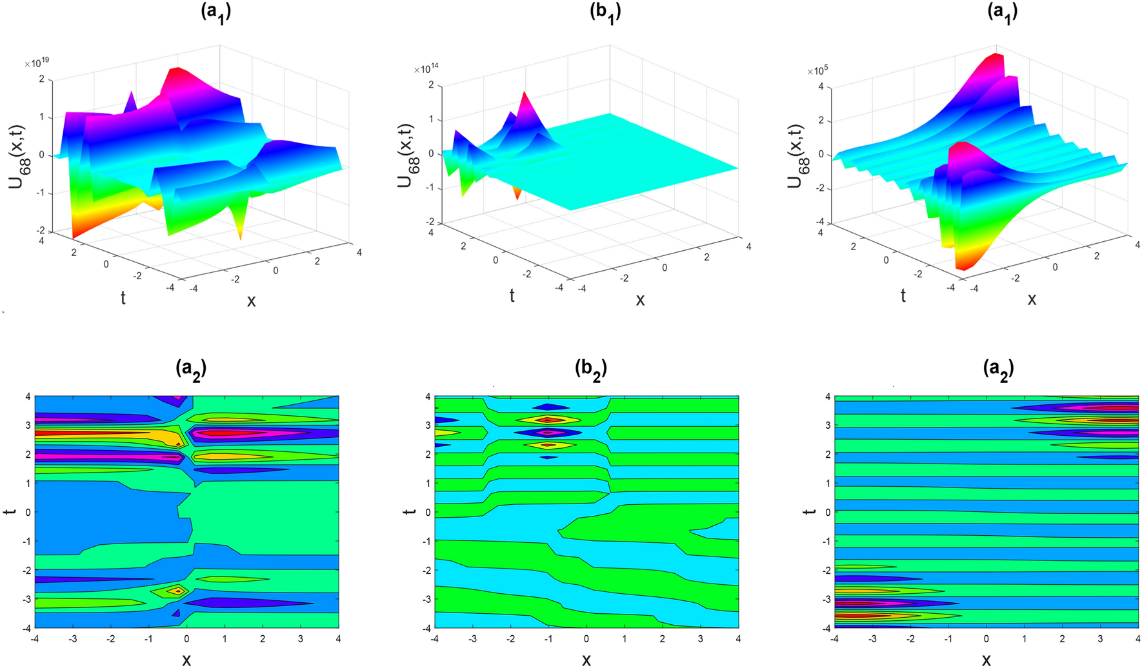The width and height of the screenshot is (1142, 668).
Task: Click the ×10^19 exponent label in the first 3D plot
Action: pyautogui.click(x=37, y=63)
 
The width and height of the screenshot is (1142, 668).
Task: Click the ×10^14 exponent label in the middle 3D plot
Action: pyautogui.click(x=426, y=69)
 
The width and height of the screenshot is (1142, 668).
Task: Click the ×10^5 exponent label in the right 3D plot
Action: pyautogui.click(x=817, y=70)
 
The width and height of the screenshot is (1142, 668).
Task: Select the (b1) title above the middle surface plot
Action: pyautogui.click(x=605, y=12)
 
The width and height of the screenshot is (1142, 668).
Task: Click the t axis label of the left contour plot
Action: pyautogui.click(x=9, y=511)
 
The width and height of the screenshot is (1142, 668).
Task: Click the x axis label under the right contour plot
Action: pyautogui.click(x=986, y=659)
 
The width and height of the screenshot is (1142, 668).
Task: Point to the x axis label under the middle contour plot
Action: pyautogui.click(x=586, y=659)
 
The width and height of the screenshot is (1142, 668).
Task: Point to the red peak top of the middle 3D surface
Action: pyautogui.click(x=525, y=95)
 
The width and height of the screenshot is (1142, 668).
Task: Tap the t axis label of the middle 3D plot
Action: pyautogui.click(x=512, y=295)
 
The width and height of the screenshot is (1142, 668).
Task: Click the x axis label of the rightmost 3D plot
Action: pyautogui.click(x=1032, y=299)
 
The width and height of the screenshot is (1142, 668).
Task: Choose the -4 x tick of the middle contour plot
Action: pyautogui.click(x=434, y=638)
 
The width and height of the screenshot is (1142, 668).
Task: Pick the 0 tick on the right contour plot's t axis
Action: pyautogui.click(x=826, y=512)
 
